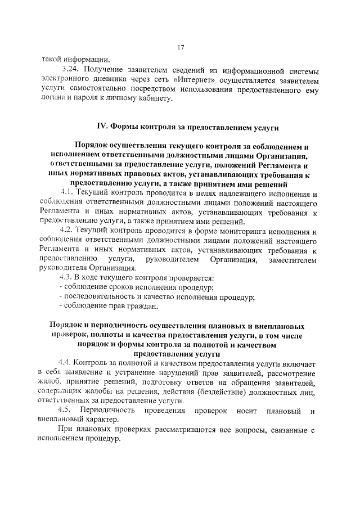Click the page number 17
180,47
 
